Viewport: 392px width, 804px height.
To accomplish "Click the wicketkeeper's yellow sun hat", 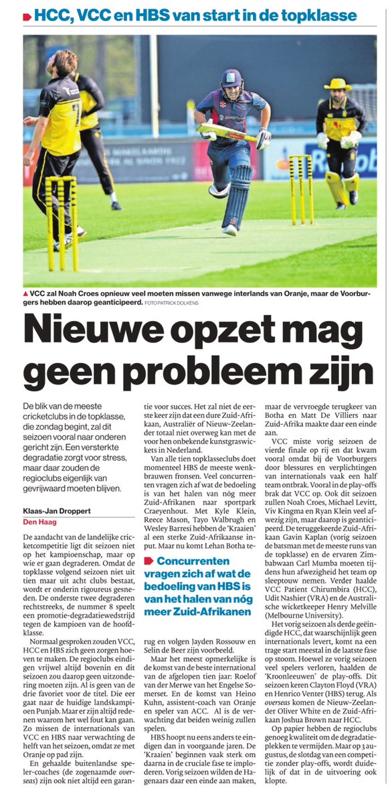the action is (x=337, y=84).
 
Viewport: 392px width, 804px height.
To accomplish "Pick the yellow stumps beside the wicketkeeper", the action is (x=301, y=188).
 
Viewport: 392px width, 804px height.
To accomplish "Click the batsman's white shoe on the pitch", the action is (x=229, y=229).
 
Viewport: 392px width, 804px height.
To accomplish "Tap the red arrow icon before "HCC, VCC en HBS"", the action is (x=26, y=16).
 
